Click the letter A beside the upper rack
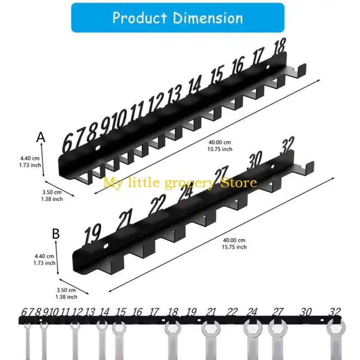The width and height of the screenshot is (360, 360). (41, 137)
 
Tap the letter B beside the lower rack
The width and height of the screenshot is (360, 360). (56, 234)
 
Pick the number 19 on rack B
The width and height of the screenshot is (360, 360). (92, 234)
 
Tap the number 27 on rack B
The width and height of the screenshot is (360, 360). (221, 175)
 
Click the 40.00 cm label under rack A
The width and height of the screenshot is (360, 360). (220, 142)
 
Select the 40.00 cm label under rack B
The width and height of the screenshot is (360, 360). (234, 240)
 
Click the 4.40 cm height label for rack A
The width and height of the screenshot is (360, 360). (30, 158)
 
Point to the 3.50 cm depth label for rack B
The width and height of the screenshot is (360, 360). (66, 290)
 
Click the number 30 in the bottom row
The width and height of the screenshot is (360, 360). (306, 312)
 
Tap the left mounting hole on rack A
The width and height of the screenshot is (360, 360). (98, 148)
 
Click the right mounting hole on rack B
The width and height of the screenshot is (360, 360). (273, 166)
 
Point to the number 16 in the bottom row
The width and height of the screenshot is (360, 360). (137, 312)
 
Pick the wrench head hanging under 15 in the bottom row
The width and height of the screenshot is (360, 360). (119, 328)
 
